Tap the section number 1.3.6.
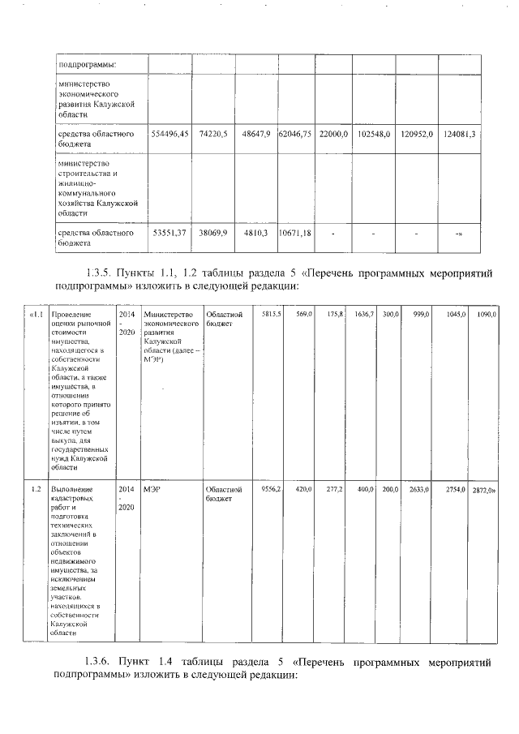click(100, 662)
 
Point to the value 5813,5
click(271, 314)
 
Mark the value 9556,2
click(271, 490)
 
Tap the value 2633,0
click(418, 490)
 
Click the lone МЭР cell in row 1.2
click(152, 490)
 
